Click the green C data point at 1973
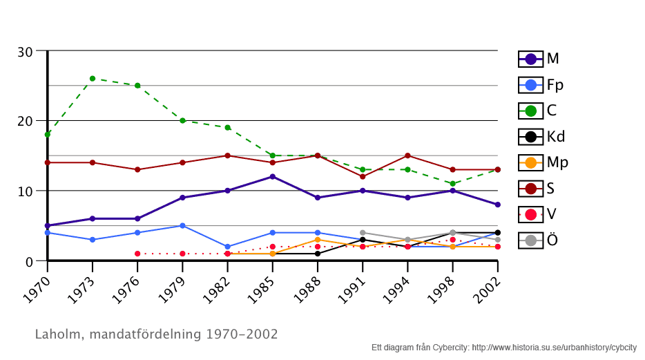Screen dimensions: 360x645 [x=93, y=79]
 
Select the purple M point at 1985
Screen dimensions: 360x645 [x=273, y=177]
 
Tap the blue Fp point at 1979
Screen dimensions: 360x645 [x=182, y=226]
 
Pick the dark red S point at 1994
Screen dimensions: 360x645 [x=408, y=155]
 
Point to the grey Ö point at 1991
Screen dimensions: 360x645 [x=363, y=233]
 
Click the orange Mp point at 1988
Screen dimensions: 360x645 [x=318, y=240]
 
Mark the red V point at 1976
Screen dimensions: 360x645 [x=137, y=254]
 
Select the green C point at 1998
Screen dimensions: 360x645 [x=452, y=184]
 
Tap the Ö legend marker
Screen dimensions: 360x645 [x=530, y=240]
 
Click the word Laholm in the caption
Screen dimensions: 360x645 [x=57, y=334]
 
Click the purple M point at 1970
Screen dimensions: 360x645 [x=48, y=226]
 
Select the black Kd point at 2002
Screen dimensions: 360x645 [x=497, y=233]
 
